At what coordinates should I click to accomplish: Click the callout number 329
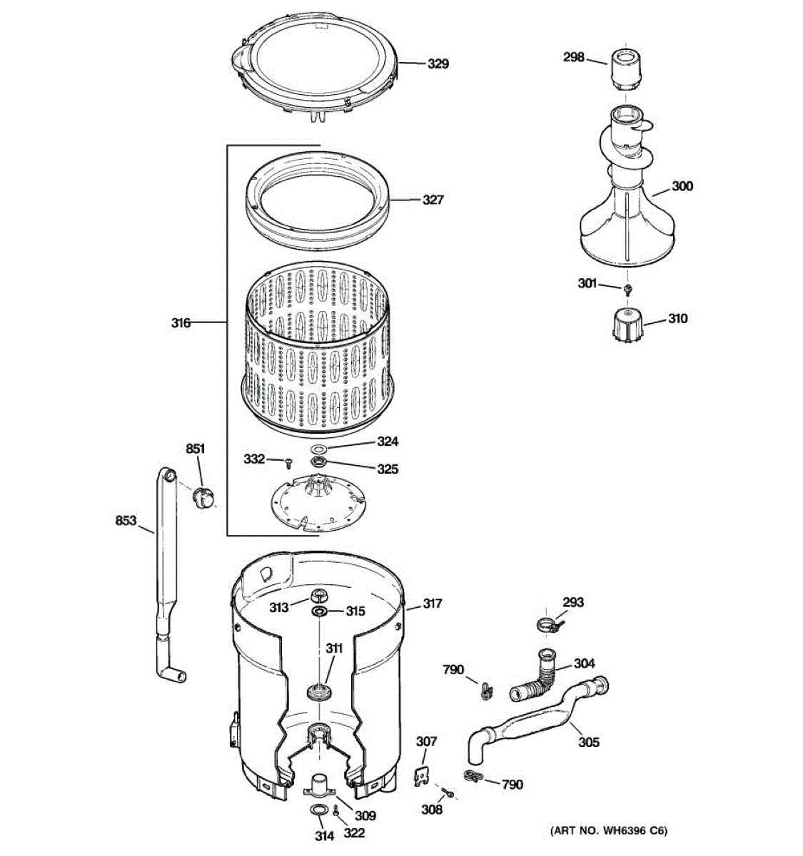[x=438, y=64]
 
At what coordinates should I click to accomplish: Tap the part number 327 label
[x=433, y=200]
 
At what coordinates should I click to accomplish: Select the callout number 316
[x=181, y=323]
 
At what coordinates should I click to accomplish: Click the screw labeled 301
[x=627, y=288]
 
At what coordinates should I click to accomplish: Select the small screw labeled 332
[x=288, y=463]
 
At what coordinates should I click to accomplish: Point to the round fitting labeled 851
[x=203, y=496]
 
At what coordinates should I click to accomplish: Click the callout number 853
[x=126, y=521]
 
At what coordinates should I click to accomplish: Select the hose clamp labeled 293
[x=547, y=626]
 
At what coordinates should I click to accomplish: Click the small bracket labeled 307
[x=422, y=775]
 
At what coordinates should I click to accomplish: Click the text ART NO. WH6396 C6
[x=609, y=830]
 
